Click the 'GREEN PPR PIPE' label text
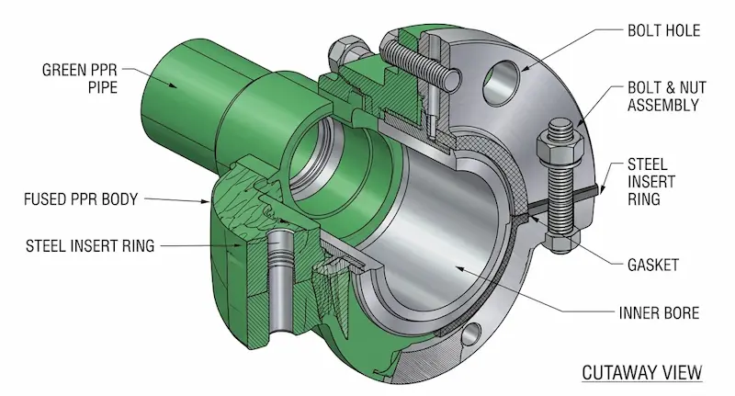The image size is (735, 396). tap(81, 77)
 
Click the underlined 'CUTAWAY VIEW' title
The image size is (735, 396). tap(642, 372)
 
